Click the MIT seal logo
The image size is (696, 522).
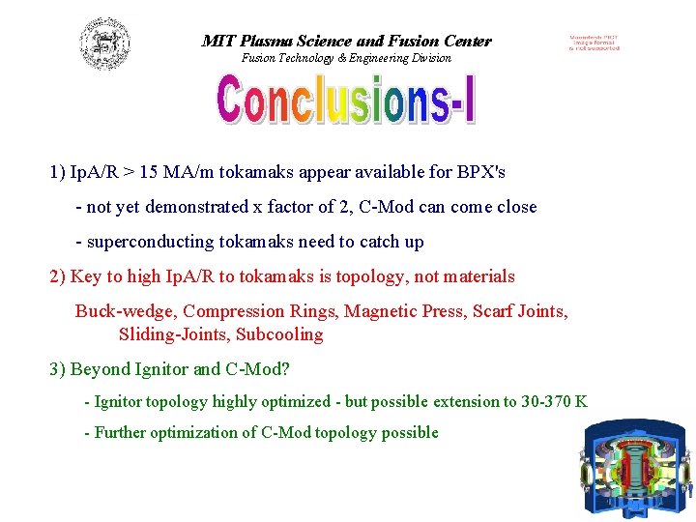pos(105,44)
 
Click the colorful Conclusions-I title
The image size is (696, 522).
pos(346,101)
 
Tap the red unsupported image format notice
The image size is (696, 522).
pos(594,43)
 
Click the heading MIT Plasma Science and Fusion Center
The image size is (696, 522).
pos(346,41)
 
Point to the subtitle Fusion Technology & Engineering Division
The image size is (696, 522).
pos(346,58)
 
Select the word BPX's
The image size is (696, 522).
pos(480,173)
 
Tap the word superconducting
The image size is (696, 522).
pos(149,242)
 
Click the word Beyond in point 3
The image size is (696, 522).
pos(101,369)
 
